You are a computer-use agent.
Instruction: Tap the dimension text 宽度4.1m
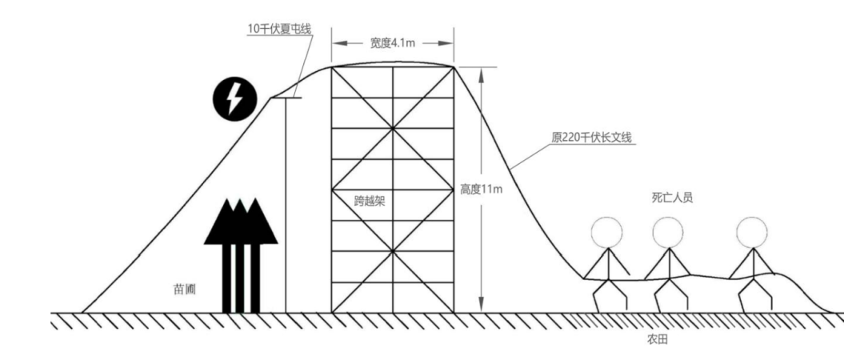(392, 43)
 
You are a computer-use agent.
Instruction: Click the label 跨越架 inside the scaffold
(370, 201)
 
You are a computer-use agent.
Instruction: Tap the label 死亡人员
(672, 198)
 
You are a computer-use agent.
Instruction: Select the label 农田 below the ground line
(658, 338)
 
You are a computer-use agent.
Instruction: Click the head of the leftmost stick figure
(607, 233)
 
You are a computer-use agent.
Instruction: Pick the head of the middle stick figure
(667, 233)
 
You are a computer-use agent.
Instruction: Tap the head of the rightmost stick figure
(751, 233)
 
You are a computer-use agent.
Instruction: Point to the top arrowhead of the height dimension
(480, 73)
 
